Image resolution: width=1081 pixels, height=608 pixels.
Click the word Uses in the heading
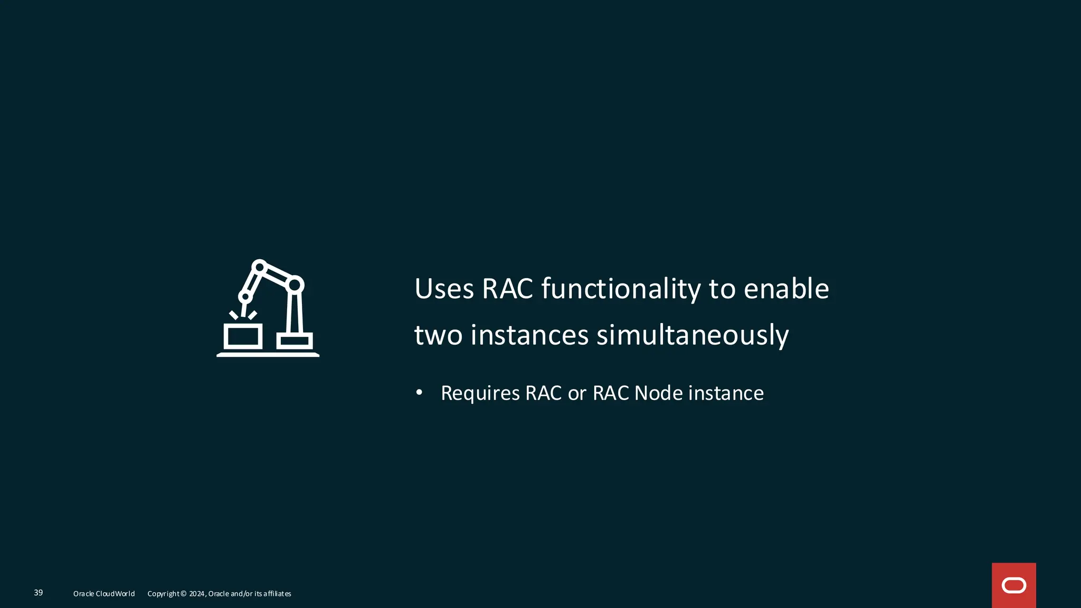coord(444,289)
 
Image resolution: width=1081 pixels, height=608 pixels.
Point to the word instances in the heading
coord(529,336)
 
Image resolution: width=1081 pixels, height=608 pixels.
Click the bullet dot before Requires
coord(419,392)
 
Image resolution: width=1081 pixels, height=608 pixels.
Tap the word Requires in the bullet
coord(480,393)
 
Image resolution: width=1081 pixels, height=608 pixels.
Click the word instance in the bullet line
coord(726,393)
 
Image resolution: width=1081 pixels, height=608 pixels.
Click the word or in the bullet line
coord(577,393)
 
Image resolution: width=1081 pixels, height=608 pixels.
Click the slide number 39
coord(39,593)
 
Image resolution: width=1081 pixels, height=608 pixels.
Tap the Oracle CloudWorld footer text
coord(104,594)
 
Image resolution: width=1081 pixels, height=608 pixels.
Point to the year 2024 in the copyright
coord(196,594)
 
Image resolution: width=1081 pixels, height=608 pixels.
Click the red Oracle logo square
coord(1013,585)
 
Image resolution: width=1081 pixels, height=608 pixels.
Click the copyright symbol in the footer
coord(184,594)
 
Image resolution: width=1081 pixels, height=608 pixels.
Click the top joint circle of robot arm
coord(259,267)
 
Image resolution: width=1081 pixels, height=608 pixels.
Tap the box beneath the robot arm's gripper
coord(243,336)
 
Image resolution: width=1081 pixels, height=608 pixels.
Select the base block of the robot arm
coord(295,341)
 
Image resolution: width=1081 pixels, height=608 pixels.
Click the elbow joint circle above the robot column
coord(295,286)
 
